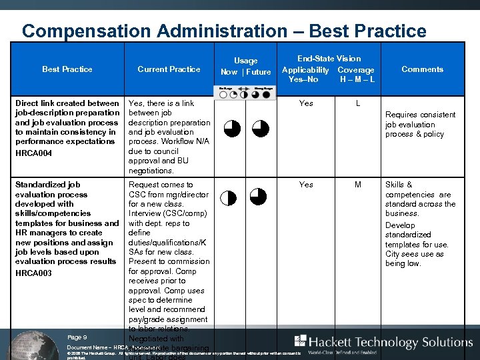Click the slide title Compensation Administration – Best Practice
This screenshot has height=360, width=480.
point(224,31)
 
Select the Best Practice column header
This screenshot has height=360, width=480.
point(67,69)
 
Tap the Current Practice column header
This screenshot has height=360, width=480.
point(169,69)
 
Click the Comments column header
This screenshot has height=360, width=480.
point(422,69)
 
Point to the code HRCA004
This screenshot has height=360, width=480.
point(33,154)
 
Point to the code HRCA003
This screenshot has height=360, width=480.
point(33,273)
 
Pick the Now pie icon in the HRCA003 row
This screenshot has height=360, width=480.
point(229,197)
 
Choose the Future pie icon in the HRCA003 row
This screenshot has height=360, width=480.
point(258,196)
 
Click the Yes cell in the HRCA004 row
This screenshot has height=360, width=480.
point(306,104)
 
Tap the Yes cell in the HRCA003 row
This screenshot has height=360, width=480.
point(306,185)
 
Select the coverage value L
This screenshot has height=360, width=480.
point(358,104)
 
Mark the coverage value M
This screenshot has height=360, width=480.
point(358,185)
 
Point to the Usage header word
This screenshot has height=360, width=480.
point(245,61)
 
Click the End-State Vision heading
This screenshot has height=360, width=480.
point(329,59)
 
